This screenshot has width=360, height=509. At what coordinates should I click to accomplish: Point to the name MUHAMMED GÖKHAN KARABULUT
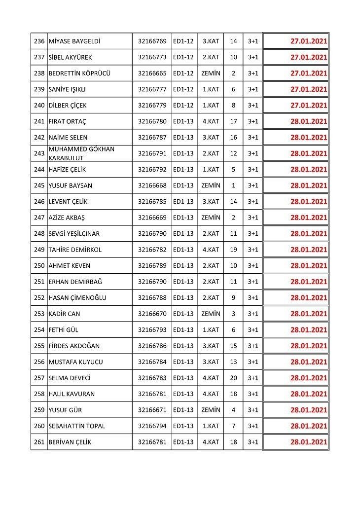tap(81, 153)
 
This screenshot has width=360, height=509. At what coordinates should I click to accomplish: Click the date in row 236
tap(309, 41)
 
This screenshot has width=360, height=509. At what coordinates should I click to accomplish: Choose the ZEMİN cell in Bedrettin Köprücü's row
tap(211, 73)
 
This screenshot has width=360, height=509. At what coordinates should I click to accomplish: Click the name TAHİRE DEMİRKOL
tap(75, 250)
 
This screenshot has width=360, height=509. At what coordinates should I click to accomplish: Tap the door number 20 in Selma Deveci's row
tap(233, 378)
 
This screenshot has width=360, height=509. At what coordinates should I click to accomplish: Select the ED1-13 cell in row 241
tap(183, 121)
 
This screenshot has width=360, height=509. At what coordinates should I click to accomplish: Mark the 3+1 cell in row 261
tap(253, 442)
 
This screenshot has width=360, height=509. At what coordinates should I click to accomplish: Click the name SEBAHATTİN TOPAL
tap(76, 426)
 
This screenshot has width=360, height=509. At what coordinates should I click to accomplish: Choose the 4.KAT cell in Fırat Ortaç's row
tap(211, 121)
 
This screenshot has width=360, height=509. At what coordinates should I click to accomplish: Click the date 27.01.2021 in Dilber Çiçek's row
tap(309, 105)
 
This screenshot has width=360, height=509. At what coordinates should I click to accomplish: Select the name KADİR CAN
tap(64, 314)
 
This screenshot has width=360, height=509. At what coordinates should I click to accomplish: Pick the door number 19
tap(233, 250)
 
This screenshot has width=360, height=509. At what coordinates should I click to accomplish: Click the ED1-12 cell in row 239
tap(183, 89)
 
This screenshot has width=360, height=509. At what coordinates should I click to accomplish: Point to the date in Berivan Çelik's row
tap(309, 442)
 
